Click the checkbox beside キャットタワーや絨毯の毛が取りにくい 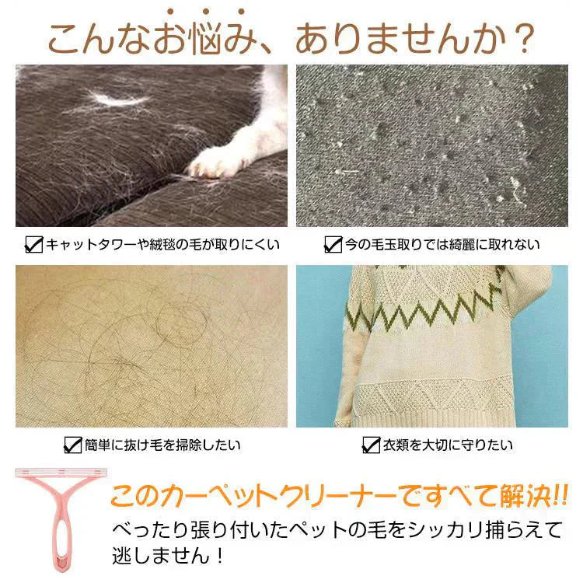(x=34, y=244)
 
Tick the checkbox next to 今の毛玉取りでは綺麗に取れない (x=333, y=244)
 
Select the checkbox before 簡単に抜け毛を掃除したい (x=73, y=445)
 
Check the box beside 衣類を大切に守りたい (x=371, y=445)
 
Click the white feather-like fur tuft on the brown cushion (x=118, y=98)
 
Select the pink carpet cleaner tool (x=61, y=519)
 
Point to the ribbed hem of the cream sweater (x=428, y=418)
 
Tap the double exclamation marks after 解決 (x=560, y=496)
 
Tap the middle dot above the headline (x=206, y=12)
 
